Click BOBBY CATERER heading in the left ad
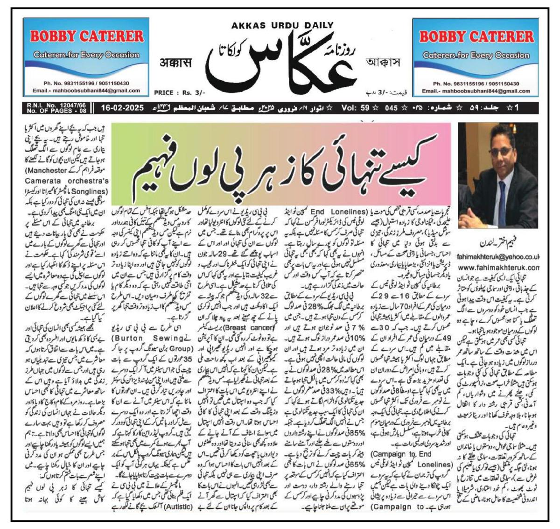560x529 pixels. click(87, 36)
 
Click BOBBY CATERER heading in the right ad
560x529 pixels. click(476, 36)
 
